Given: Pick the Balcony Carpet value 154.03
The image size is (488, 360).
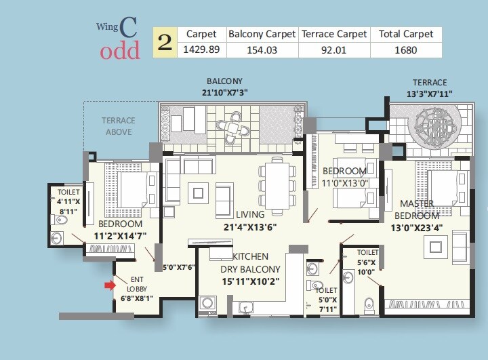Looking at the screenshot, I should tap(260, 49).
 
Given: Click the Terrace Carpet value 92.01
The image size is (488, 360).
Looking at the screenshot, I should tap(334, 49).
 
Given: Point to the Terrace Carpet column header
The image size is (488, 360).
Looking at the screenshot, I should tap(334, 34).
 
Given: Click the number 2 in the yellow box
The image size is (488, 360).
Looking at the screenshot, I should tap(163, 42).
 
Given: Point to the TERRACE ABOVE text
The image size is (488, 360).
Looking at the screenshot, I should tap(119, 126).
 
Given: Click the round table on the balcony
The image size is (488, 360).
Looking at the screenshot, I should tap(232, 126).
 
